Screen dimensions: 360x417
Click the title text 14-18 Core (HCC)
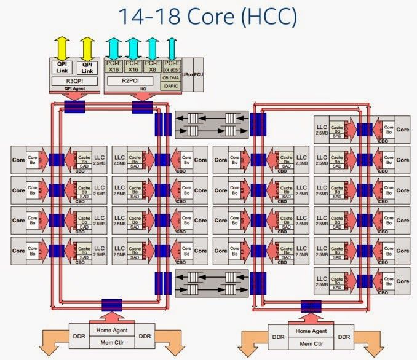point(208,17)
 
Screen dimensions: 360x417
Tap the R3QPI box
point(74,80)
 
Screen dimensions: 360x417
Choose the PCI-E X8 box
point(152,66)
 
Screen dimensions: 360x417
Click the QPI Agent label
point(74,89)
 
